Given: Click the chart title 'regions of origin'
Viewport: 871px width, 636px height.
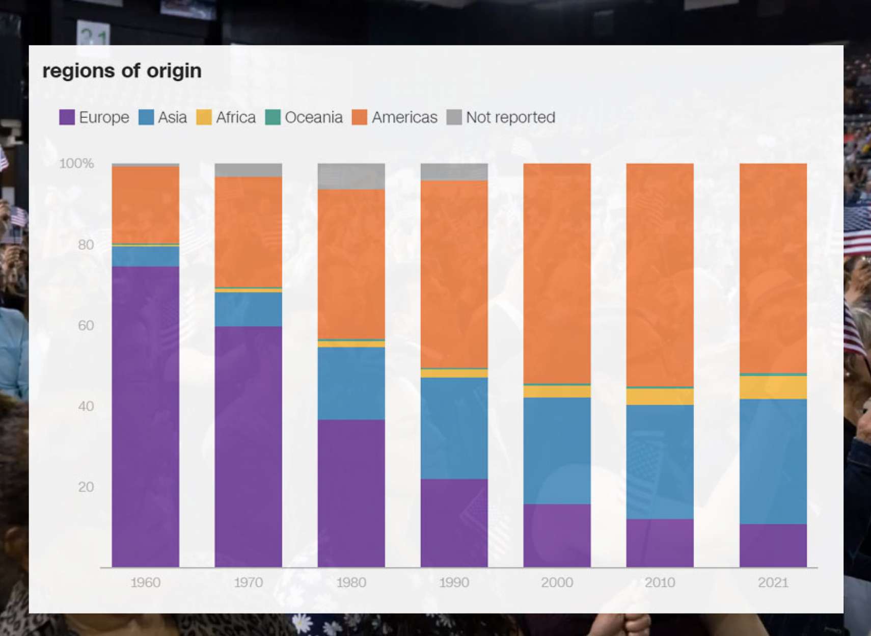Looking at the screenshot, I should point(122,71).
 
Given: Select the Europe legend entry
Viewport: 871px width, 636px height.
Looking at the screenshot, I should point(95,117).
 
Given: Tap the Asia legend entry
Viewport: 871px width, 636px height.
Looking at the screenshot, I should point(163,117).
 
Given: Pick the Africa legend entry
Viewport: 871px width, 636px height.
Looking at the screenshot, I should point(226,117).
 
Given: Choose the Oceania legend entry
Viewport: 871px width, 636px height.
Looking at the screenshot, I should point(304,117).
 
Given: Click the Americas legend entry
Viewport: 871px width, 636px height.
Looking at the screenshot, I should point(395,117).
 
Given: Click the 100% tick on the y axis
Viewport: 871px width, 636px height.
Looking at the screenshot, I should point(76,164).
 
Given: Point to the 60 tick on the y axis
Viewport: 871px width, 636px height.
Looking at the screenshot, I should point(86,325).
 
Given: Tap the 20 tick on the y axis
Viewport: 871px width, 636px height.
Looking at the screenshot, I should point(86,487).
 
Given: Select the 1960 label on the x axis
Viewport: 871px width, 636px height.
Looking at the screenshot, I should point(145,582).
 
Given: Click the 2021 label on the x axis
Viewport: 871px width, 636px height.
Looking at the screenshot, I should point(773,582).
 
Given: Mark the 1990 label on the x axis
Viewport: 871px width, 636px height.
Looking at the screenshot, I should point(454,582).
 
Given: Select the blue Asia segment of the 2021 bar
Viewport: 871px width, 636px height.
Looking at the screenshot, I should point(773,461).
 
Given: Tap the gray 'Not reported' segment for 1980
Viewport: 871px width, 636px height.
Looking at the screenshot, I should point(351,176).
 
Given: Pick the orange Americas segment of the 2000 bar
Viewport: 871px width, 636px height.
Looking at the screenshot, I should point(557,273).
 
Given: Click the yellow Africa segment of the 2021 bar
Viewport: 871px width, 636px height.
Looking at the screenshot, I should point(773,388).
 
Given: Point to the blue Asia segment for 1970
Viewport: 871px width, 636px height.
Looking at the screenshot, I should point(248,309).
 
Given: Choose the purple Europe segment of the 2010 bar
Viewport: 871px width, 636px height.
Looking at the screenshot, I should point(660,543).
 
